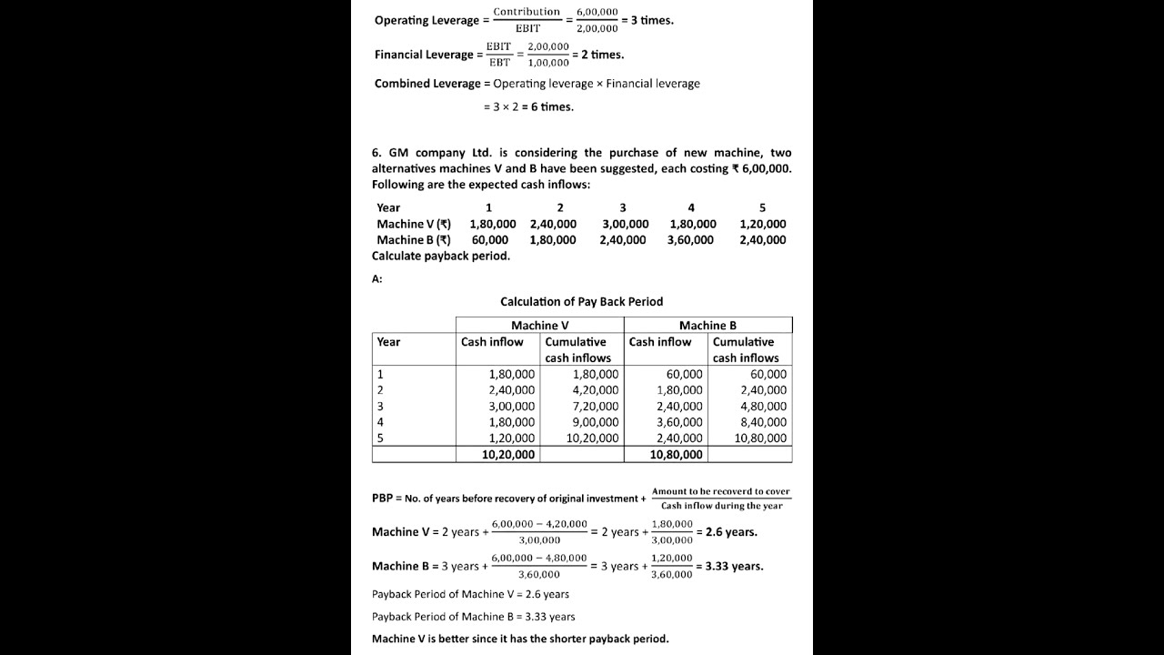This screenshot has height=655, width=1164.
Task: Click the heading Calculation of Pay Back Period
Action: [x=581, y=301]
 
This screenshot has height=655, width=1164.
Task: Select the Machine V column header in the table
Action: [x=539, y=325]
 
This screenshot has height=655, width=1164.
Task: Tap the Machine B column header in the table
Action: [x=707, y=325]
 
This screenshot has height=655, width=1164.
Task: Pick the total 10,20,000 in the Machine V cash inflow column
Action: [x=508, y=454]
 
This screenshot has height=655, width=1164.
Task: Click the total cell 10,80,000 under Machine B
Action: [x=676, y=454]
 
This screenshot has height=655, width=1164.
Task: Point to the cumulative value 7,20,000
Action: [x=595, y=406]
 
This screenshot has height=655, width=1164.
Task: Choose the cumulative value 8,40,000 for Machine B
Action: [x=763, y=421]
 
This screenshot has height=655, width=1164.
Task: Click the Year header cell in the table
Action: [x=388, y=342]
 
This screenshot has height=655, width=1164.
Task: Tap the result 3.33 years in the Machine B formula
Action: [x=734, y=566]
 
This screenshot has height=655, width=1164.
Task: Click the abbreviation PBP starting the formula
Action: [x=382, y=499]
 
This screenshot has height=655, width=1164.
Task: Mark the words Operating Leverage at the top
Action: [x=426, y=20]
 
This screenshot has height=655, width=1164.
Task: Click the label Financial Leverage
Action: [x=423, y=55]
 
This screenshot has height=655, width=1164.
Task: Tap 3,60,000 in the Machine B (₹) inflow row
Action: [x=690, y=240]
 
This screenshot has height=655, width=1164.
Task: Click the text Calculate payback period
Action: [x=440, y=256]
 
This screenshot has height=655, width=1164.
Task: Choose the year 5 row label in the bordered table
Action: [x=380, y=438]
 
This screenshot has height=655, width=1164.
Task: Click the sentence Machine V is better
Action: [x=519, y=639]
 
